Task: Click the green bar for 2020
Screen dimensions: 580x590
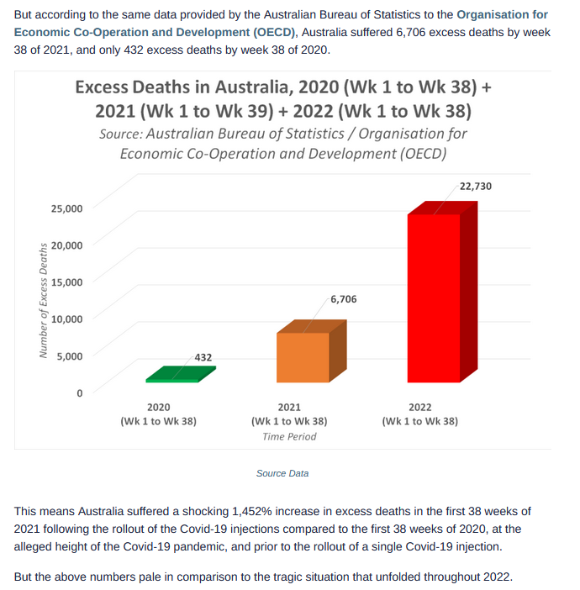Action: coord(181,374)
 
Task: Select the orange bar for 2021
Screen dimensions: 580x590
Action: coord(311,351)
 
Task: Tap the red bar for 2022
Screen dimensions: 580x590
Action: coord(442,292)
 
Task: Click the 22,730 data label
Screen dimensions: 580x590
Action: coord(476,187)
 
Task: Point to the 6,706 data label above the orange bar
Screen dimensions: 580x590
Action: coord(344,299)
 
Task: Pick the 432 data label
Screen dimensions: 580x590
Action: coord(203,357)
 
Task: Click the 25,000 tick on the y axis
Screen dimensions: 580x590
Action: coord(66,208)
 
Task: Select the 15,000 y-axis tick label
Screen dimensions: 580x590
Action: coord(66,282)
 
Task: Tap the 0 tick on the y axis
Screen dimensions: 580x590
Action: coord(79,393)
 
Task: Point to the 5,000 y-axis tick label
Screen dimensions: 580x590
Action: coord(70,356)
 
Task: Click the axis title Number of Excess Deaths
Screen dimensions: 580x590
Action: coord(43,300)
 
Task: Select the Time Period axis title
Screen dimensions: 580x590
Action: coord(289,436)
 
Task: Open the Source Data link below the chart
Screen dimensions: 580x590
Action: coord(282,473)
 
